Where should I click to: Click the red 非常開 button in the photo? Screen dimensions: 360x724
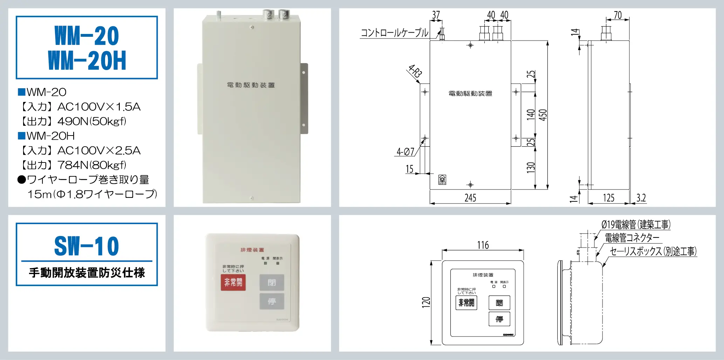(x=233, y=282)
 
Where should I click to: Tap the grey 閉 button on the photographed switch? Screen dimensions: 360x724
(x=271, y=282)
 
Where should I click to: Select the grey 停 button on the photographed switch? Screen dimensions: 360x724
(x=271, y=301)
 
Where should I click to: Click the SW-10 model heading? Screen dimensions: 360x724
(x=87, y=246)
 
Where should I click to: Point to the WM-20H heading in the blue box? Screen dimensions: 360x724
(x=87, y=61)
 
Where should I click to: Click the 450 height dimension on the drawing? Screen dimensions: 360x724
(x=543, y=115)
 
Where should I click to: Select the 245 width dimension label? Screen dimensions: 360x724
(x=470, y=198)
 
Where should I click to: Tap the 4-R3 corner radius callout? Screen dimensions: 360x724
(x=415, y=71)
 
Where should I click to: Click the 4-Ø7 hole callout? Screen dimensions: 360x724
(x=405, y=152)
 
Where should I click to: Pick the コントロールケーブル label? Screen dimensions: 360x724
(x=394, y=33)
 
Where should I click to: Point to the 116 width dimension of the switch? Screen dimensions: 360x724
(x=483, y=245)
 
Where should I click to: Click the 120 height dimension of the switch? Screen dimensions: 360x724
(x=426, y=302)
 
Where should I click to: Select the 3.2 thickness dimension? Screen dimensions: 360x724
(x=641, y=198)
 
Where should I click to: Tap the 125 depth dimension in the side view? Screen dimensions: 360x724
(x=608, y=198)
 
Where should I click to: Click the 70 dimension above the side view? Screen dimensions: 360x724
(x=618, y=15)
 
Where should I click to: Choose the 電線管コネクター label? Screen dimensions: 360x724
(x=632, y=238)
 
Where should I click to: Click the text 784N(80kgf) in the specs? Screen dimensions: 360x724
(x=91, y=165)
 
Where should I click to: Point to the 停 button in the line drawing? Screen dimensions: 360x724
(x=499, y=319)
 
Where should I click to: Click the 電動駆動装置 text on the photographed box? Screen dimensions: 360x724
(x=251, y=85)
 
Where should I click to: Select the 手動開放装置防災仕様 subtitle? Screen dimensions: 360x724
(x=87, y=273)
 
